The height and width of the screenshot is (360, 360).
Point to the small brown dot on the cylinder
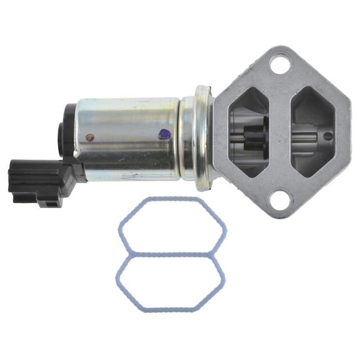pos(90,135)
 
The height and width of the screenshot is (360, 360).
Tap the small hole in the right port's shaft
pos(327,136)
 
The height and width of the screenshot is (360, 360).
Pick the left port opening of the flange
pos(249,131)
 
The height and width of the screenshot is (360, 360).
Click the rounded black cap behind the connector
pos(65,136)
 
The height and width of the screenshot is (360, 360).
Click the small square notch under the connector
pos(46,201)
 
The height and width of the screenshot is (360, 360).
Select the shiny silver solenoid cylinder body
pos(125,137)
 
